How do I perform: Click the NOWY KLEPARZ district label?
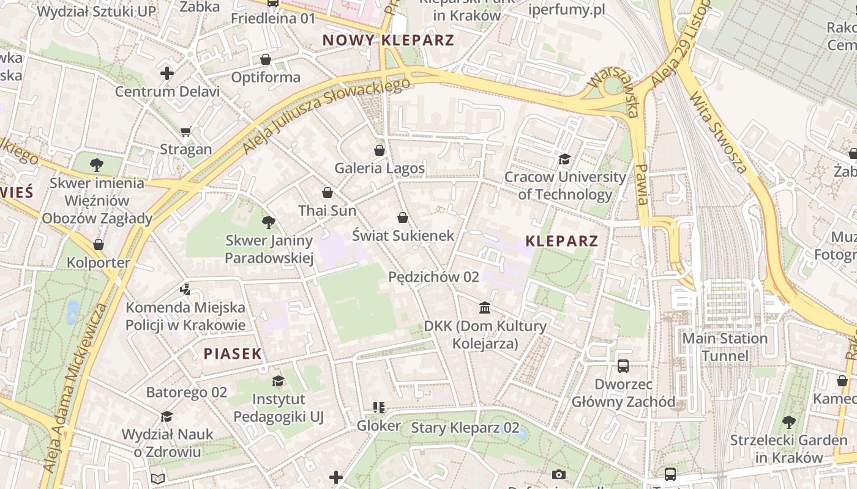point(388,41)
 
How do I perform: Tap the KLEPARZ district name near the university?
point(561,241)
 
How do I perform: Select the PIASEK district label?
point(233,353)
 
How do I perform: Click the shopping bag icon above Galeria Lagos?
point(380,150)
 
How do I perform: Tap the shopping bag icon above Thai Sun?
point(327,193)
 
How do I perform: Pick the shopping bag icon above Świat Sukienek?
point(403,218)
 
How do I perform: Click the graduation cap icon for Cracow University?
point(564,160)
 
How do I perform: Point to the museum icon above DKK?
point(485,307)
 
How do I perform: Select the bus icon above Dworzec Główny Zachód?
point(623,366)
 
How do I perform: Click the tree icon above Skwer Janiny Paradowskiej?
point(268,222)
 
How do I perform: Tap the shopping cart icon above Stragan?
point(186,131)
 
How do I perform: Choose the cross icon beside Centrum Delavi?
point(167,74)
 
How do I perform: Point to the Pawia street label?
point(641,184)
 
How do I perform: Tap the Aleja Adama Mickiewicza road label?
point(76,388)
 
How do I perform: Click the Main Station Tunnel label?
point(725,347)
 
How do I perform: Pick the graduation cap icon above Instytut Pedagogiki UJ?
point(279,381)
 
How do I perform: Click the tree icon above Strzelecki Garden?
point(788,422)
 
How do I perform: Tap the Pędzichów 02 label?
point(433,277)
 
